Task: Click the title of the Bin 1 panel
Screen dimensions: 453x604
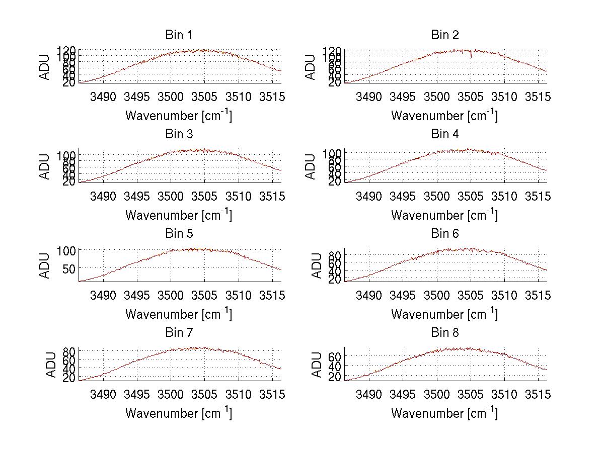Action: coord(178,35)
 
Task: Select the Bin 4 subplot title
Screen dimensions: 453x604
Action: coord(444,134)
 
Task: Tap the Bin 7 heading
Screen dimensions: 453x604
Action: coord(178,333)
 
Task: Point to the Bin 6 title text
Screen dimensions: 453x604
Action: coord(444,234)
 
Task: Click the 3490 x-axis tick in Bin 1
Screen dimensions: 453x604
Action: coord(103,97)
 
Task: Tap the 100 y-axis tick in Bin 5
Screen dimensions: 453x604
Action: coord(66,250)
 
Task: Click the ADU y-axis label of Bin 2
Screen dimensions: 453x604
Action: coord(311,66)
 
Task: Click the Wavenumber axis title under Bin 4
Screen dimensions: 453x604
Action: coord(444,215)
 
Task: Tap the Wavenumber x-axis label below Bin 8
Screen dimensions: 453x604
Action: coord(444,413)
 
